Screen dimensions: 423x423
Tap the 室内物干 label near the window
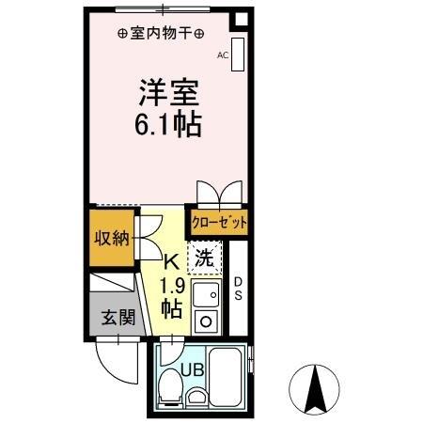pyautogui.click(x=162, y=34)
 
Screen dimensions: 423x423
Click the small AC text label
pyautogui.click(x=223, y=55)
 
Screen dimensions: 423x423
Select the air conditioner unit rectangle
pyautogui.click(x=239, y=55)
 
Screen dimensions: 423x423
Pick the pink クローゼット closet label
pyautogui.click(x=219, y=223)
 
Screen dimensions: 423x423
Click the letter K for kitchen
pyautogui.click(x=172, y=264)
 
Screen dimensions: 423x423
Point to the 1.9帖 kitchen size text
pyautogui.click(x=172, y=297)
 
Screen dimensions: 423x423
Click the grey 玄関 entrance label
pyautogui.click(x=117, y=317)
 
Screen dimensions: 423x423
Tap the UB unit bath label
pyautogui.click(x=192, y=369)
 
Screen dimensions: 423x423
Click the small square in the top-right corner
pyautogui.click(x=241, y=21)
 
